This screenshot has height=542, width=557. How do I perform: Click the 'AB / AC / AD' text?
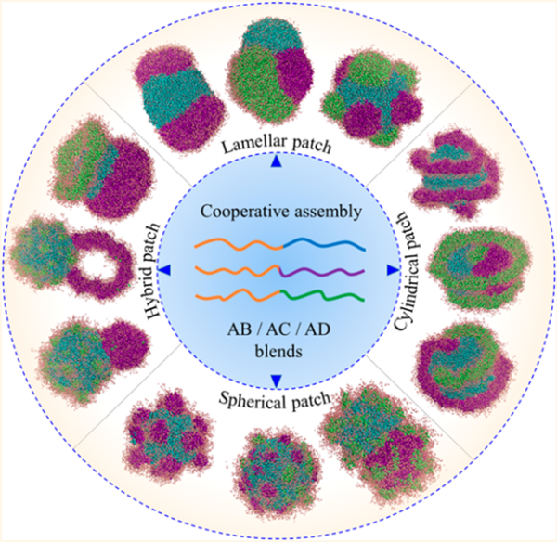click(x=278, y=324)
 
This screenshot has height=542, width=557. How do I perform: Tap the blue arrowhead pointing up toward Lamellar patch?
click(x=278, y=161)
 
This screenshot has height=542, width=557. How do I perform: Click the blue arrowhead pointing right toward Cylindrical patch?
click(x=390, y=270)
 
